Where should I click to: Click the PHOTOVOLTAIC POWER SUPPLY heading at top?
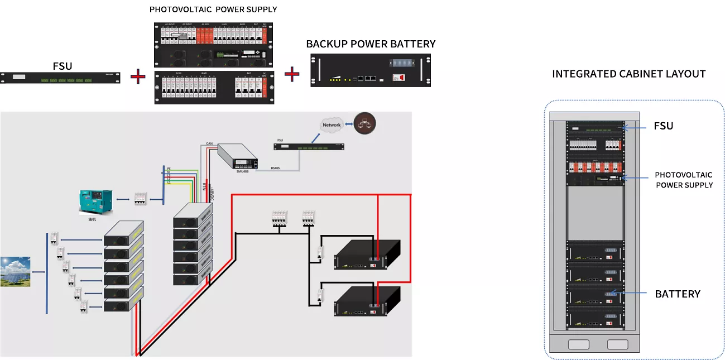pos(213,10)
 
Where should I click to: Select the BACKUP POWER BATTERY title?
pos(371,44)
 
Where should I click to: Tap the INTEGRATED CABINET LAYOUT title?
pos(628,74)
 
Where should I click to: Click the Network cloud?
pos(332,125)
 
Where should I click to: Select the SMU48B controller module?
pos(238,157)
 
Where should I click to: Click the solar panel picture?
pos(15,271)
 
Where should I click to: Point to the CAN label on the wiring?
pos(209,144)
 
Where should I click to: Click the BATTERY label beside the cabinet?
pos(678,294)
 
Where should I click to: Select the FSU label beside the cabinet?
pos(663,126)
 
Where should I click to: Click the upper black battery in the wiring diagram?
pos(367,256)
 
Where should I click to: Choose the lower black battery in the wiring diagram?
pos(367,303)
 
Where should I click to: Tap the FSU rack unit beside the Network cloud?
pos(308,147)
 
